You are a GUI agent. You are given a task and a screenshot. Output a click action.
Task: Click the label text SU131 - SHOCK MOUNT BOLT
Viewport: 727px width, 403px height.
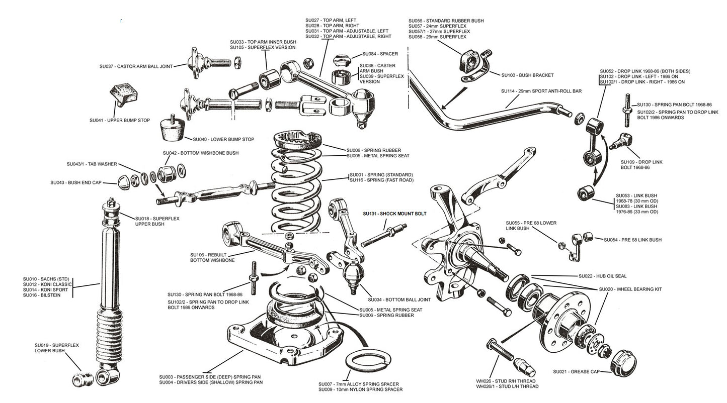coord(394,214)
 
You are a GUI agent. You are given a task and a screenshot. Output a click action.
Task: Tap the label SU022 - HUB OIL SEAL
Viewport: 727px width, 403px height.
coord(602,276)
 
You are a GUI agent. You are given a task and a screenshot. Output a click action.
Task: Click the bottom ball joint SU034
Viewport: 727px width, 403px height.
coord(353,274)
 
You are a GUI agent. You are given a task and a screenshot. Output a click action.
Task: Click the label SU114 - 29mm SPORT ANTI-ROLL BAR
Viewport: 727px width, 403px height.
coord(541,91)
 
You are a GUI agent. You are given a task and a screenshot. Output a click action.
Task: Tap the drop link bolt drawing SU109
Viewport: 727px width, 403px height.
coord(620,142)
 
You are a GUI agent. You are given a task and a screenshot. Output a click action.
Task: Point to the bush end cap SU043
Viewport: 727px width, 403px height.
coord(123,182)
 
